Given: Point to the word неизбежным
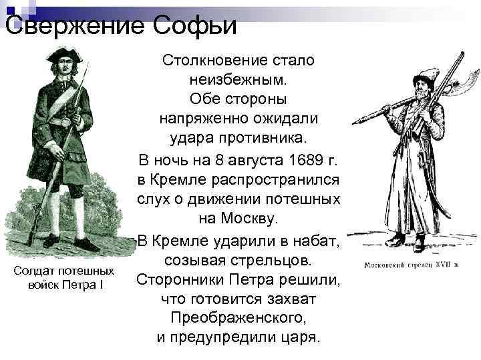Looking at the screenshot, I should [x=238, y=80].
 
